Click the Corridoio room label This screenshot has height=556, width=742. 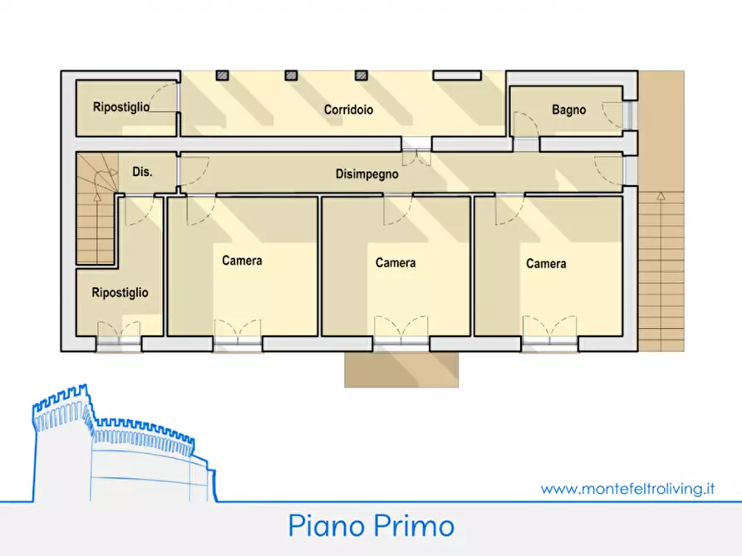(348, 110)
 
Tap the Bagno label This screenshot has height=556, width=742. (568, 110)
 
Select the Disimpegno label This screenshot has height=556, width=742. (366, 174)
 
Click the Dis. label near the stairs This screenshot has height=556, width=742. (142, 173)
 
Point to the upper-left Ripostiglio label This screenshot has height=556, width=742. (121, 107)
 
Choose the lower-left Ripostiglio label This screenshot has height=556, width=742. (120, 293)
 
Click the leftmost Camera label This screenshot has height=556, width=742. (242, 261)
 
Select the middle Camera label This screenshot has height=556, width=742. (396, 263)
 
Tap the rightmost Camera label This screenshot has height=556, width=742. (546, 264)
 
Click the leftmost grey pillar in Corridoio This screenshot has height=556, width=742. (223, 76)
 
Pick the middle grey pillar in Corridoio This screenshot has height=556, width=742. (291, 76)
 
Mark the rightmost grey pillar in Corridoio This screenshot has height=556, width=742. (361, 76)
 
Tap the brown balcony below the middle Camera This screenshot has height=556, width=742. (401, 369)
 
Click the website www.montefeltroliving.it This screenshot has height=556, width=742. (627, 489)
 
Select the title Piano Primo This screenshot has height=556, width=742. (371, 526)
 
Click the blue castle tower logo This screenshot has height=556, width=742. (116, 448)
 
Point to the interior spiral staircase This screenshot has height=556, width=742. (95, 212)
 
